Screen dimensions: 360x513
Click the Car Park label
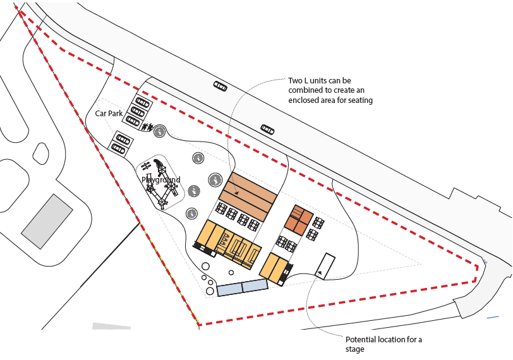pos(109,114)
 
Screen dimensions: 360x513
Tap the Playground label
pos(160,180)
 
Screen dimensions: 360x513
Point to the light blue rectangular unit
pos(243,288)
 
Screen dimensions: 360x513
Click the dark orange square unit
pos(298,219)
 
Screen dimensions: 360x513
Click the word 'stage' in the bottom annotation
pos(355,349)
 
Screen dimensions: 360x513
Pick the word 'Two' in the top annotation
pos(296,81)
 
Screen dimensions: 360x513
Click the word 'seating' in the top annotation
pos(358,100)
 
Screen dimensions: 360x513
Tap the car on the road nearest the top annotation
pos(220,86)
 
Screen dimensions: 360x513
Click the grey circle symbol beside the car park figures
pos(160,131)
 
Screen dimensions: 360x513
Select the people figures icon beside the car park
pos(147,128)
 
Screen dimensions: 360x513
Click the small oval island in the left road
pos(41,152)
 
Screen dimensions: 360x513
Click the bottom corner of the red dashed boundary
pos(200,325)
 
